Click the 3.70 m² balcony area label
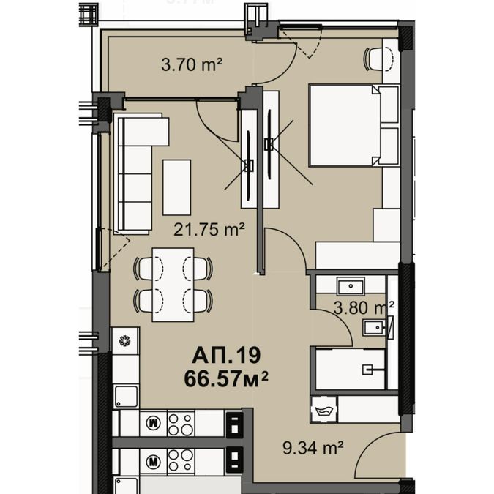[192, 65]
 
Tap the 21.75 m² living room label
[209, 229]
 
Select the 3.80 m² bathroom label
[364, 308]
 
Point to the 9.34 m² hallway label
[313, 448]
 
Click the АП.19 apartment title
[226, 355]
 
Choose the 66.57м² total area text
[226, 378]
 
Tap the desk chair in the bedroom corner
[378, 59]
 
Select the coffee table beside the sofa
[177, 187]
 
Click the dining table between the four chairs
[173, 285]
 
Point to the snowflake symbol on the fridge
[124, 341]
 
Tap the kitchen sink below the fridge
[126, 397]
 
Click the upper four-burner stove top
[181, 424]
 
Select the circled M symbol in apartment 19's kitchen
[154, 423]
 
